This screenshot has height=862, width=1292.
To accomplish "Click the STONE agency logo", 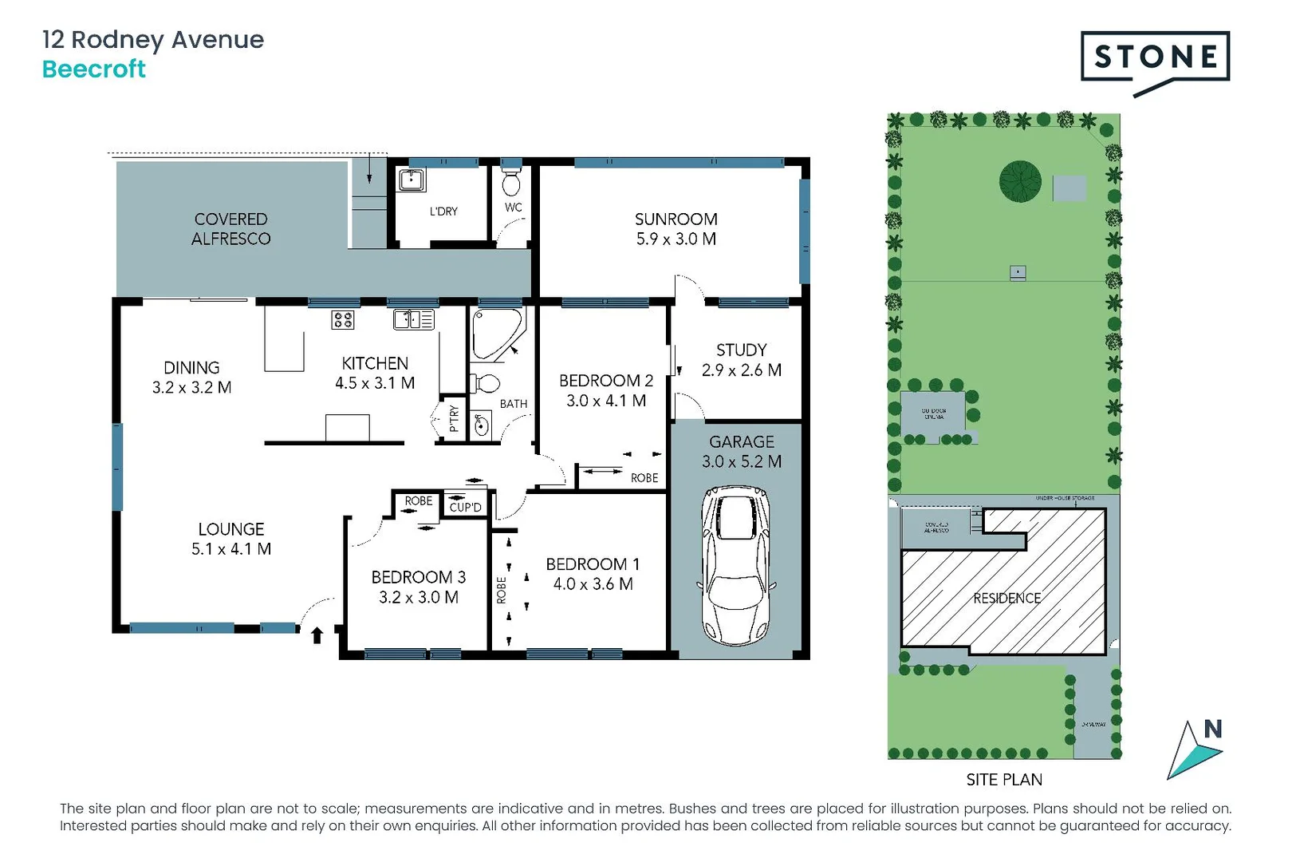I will (1155, 57).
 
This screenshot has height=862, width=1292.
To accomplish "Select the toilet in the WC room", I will (511, 184).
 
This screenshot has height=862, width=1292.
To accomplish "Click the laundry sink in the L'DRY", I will (412, 179).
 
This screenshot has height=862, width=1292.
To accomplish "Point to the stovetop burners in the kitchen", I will (343, 320).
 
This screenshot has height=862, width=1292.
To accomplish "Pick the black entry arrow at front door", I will (317, 635).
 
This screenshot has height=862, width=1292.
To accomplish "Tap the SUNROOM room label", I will (676, 219).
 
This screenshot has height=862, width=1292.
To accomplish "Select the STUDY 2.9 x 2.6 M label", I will (741, 360).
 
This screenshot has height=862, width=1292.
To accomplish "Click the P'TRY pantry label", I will (453, 418).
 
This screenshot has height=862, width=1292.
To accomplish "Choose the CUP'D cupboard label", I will (465, 507).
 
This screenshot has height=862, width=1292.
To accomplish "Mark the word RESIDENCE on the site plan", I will (1006, 598).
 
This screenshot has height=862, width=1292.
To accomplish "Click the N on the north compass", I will (1212, 729).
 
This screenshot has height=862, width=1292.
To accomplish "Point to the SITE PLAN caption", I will (1004, 779).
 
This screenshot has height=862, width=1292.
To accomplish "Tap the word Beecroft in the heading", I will (93, 69).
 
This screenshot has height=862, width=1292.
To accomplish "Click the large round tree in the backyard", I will (1020, 181).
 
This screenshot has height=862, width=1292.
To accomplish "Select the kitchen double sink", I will (413, 320).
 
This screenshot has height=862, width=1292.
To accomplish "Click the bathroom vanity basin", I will (481, 425).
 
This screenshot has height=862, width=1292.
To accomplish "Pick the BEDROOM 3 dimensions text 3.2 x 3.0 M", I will (418, 597).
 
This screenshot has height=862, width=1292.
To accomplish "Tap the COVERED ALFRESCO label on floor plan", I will (230, 229).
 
